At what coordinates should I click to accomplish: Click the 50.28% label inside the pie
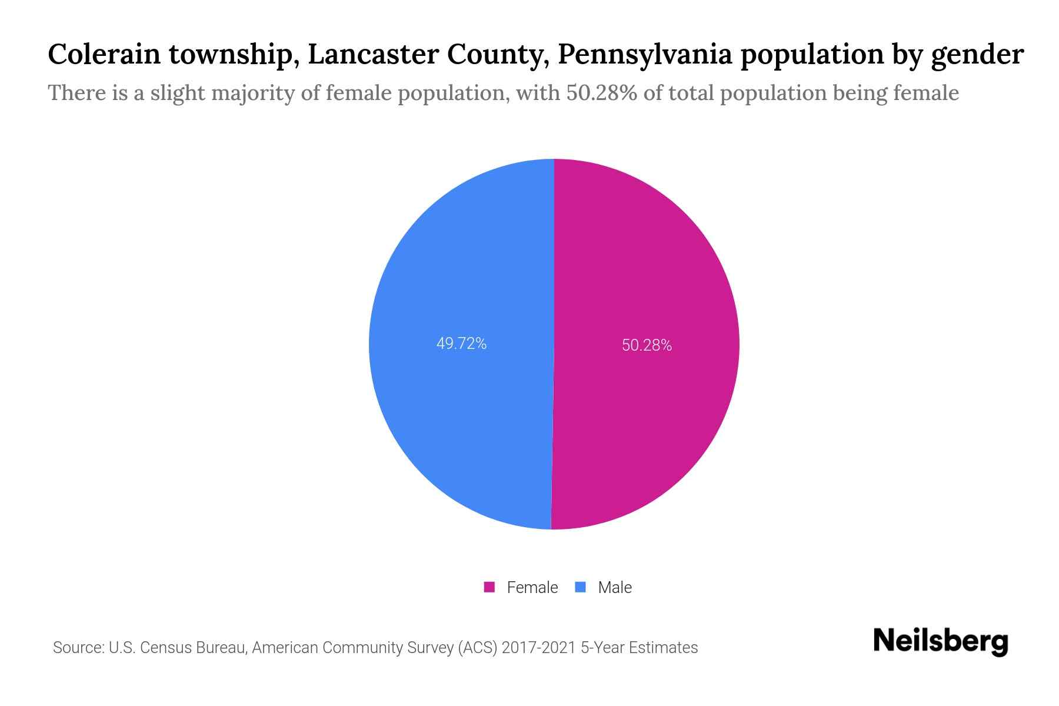pos(647,345)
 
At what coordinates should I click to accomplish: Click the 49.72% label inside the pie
pos(461,344)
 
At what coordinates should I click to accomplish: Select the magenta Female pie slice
pos(647,265)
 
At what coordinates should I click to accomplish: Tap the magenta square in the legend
pos(489,587)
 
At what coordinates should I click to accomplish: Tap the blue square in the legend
pos(581,587)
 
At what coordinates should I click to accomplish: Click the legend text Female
pos(532,587)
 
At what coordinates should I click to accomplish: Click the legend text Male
pos(614,587)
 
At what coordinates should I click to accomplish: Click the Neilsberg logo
pos(940,641)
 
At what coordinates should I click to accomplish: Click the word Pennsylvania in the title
pos(645,55)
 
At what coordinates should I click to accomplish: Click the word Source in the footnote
pos(76,648)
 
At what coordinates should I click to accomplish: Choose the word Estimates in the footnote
pos(663,648)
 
